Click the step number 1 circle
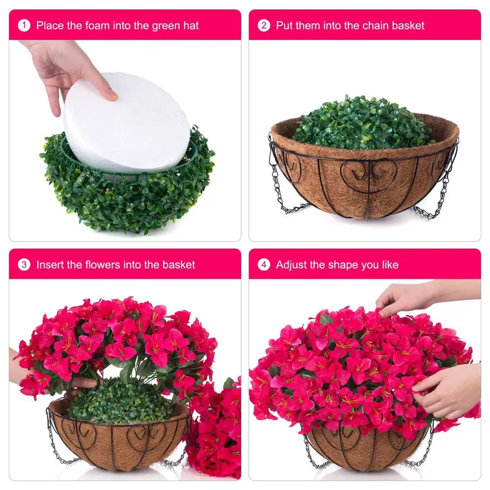pyautogui.click(x=24, y=25)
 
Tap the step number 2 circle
pyautogui.click(x=264, y=25)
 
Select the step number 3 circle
pyautogui.click(x=24, y=265)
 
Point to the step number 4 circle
pyautogui.click(x=264, y=265)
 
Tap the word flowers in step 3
pyautogui.click(x=108, y=265)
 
